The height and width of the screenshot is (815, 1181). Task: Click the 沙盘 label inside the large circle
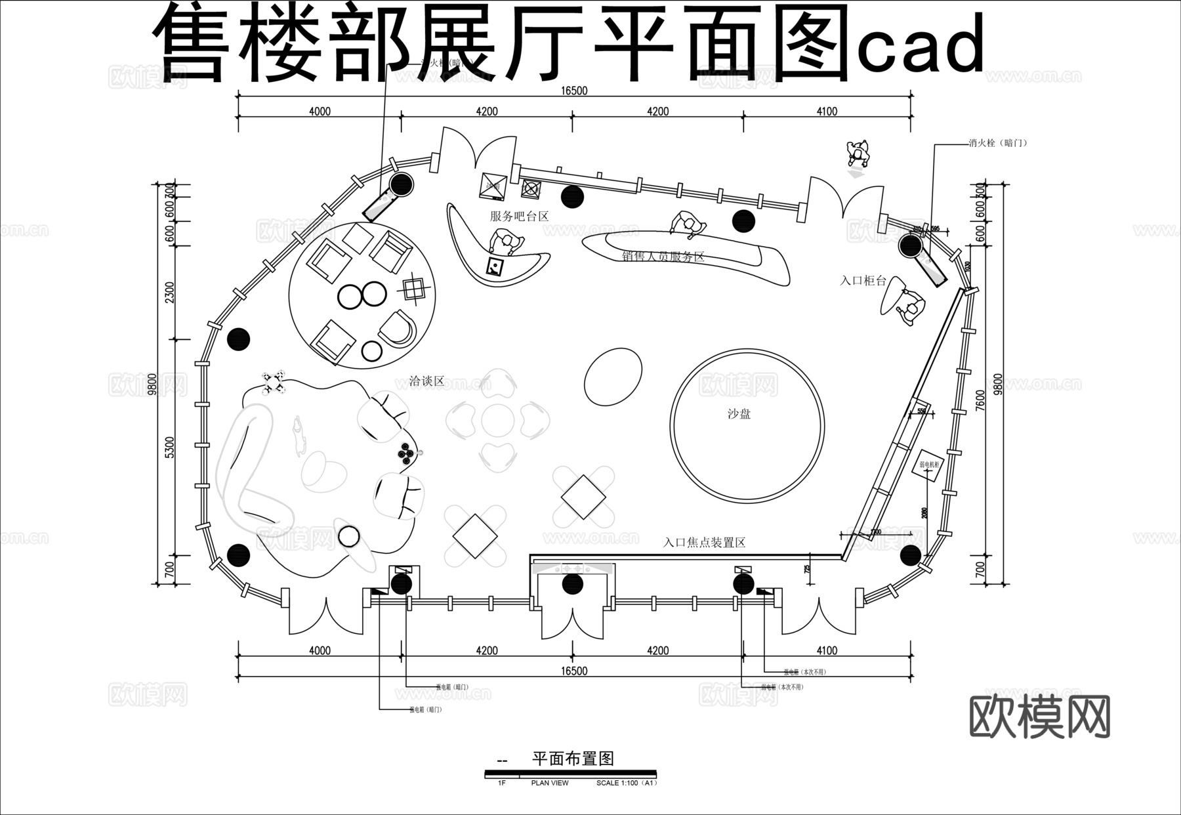739,414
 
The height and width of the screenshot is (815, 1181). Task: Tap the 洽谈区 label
426,381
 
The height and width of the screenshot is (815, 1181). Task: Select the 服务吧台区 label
519,216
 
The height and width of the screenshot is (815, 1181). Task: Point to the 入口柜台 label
863,281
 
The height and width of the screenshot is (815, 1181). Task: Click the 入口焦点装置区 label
704,543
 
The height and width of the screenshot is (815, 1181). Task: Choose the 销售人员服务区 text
663,257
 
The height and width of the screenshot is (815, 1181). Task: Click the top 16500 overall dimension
574,91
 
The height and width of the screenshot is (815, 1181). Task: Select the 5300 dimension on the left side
171,448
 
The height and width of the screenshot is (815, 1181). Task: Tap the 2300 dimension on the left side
171,292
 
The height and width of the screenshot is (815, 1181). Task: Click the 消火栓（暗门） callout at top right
997,142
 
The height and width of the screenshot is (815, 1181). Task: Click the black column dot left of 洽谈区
239,339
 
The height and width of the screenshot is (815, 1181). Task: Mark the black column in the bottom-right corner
910,555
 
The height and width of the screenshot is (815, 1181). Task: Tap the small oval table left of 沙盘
613,376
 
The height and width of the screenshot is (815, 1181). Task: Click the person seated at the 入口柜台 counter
911,308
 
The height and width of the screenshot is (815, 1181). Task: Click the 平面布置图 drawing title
573,759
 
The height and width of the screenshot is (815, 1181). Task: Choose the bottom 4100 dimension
827,650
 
